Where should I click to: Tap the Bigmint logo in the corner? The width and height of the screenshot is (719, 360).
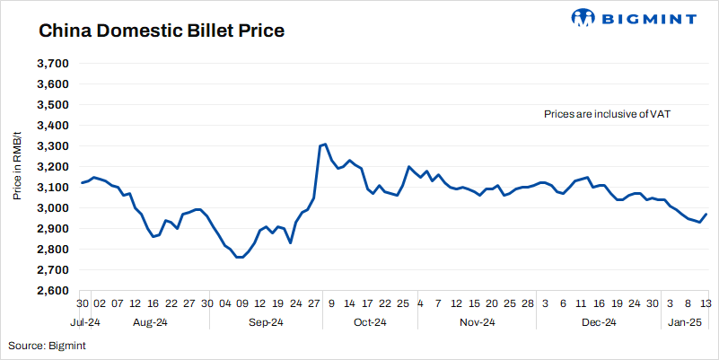[x=633, y=18]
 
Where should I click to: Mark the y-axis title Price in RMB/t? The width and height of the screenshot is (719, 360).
[x=17, y=162]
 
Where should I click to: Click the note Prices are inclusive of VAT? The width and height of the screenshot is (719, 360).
[x=608, y=115]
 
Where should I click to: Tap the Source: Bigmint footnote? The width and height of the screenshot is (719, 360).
[x=47, y=345]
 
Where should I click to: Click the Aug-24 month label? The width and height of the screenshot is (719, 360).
[x=150, y=322]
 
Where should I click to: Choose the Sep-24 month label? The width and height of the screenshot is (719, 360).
[x=265, y=322]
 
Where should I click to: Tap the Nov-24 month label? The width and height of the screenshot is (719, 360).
[x=477, y=322]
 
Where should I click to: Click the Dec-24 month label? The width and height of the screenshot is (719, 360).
[x=598, y=322]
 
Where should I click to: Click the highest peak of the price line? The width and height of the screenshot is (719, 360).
[x=325, y=144]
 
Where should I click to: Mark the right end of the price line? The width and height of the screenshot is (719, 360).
[x=706, y=214]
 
